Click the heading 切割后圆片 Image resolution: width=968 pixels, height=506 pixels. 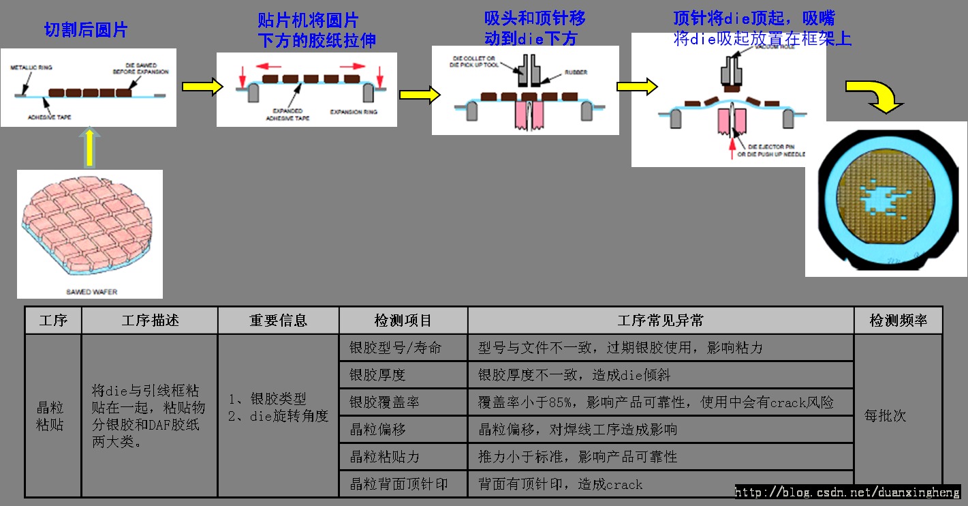[85, 30]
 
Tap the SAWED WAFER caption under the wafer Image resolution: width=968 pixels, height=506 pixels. [91, 292]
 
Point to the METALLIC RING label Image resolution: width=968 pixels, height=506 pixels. [31, 68]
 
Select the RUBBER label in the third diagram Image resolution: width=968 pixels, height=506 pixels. [575, 72]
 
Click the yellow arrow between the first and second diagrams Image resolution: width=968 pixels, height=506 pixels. [202, 87]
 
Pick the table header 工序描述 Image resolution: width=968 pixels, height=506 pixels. [150, 321]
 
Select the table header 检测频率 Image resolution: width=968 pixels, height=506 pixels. [899, 321]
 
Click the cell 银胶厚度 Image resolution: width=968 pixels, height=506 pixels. [377, 375]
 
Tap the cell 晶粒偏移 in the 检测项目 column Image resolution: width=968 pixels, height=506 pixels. [377, 430]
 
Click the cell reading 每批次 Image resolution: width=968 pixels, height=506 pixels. [885, 415]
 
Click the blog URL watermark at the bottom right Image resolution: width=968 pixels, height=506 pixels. [847, 492]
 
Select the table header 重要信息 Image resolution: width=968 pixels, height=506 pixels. [278, 321]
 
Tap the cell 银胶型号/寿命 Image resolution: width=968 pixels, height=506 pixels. [395, 348]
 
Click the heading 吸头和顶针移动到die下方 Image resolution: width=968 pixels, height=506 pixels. [534, 28]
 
